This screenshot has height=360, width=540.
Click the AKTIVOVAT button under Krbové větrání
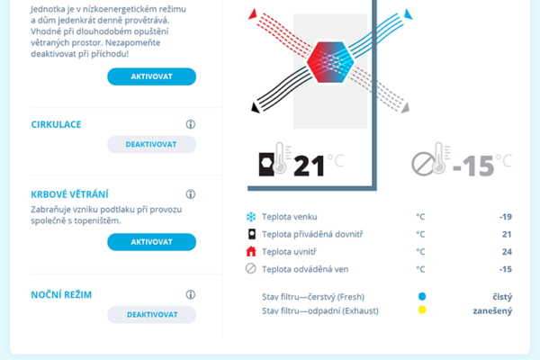click(x=151, y=242)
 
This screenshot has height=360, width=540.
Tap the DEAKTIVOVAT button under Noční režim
click(x=151, y=314)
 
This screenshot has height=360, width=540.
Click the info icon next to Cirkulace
click(x=191, y=124)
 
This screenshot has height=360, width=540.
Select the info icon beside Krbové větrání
click(x=191, y=194)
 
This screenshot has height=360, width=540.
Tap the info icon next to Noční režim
click(x=191, y=294)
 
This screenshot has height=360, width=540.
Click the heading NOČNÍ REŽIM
click(x=61, y=295)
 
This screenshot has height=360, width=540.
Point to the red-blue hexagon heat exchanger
click(x=330, y=62)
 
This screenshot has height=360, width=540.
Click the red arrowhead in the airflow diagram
click(x=253, y=14)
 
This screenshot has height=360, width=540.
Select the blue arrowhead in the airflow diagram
click(x=408, y=14)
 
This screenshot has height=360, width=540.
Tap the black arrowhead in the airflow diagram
click(x=256, y=107)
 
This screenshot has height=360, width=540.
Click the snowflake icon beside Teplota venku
click(x=251, y=217)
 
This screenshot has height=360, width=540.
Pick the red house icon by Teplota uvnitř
click(x=251, y=251)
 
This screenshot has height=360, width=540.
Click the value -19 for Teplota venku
click(x=506, y=217)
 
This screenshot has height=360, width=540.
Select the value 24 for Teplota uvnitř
click(x=507, y=252)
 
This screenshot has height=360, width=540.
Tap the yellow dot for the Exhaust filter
click(x=422, y=310)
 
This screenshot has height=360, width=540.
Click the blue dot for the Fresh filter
click(x=422, y=296)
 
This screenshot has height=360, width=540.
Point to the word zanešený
click(x=492, y=310)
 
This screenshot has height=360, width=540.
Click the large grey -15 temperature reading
click(x=473, y=166)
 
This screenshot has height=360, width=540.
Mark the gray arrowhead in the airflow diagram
click(x=405, y=108)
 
